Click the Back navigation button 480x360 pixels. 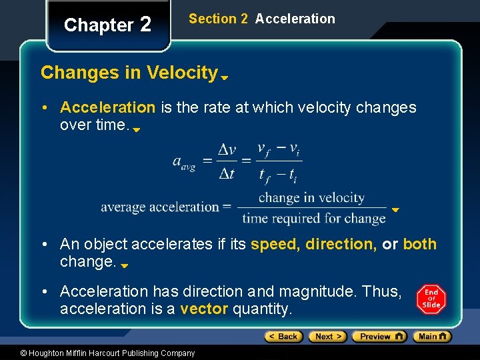click(284, 337)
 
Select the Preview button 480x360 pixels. click(379, 337)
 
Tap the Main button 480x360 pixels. click(431, 337)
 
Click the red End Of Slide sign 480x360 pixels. click(431, 299)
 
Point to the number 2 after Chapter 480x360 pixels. click(145, 25)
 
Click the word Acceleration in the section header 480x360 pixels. click(295, 19)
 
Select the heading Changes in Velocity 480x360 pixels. click(129, 73)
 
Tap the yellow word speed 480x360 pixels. click(275, 244)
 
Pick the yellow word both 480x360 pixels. click(419, 244)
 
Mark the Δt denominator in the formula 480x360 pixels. click(227, 174)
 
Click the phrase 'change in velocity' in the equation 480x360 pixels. click(311, 197)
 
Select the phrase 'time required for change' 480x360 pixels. click(314, 218)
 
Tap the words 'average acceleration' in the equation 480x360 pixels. click(160, 207)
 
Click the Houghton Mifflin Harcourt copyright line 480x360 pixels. click(98, 353)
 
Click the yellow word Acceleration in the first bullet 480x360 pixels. click(107, 107)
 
